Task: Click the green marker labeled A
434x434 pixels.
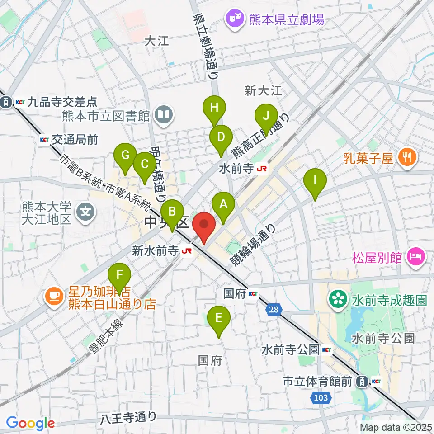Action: tap(223, 204)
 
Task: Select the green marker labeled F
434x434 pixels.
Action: tap(119, 275)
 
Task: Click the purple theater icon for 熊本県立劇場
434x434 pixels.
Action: tap(234, 19)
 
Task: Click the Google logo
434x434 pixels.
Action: tap(31, 423)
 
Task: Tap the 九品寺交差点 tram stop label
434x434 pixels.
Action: tap(54, 102)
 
